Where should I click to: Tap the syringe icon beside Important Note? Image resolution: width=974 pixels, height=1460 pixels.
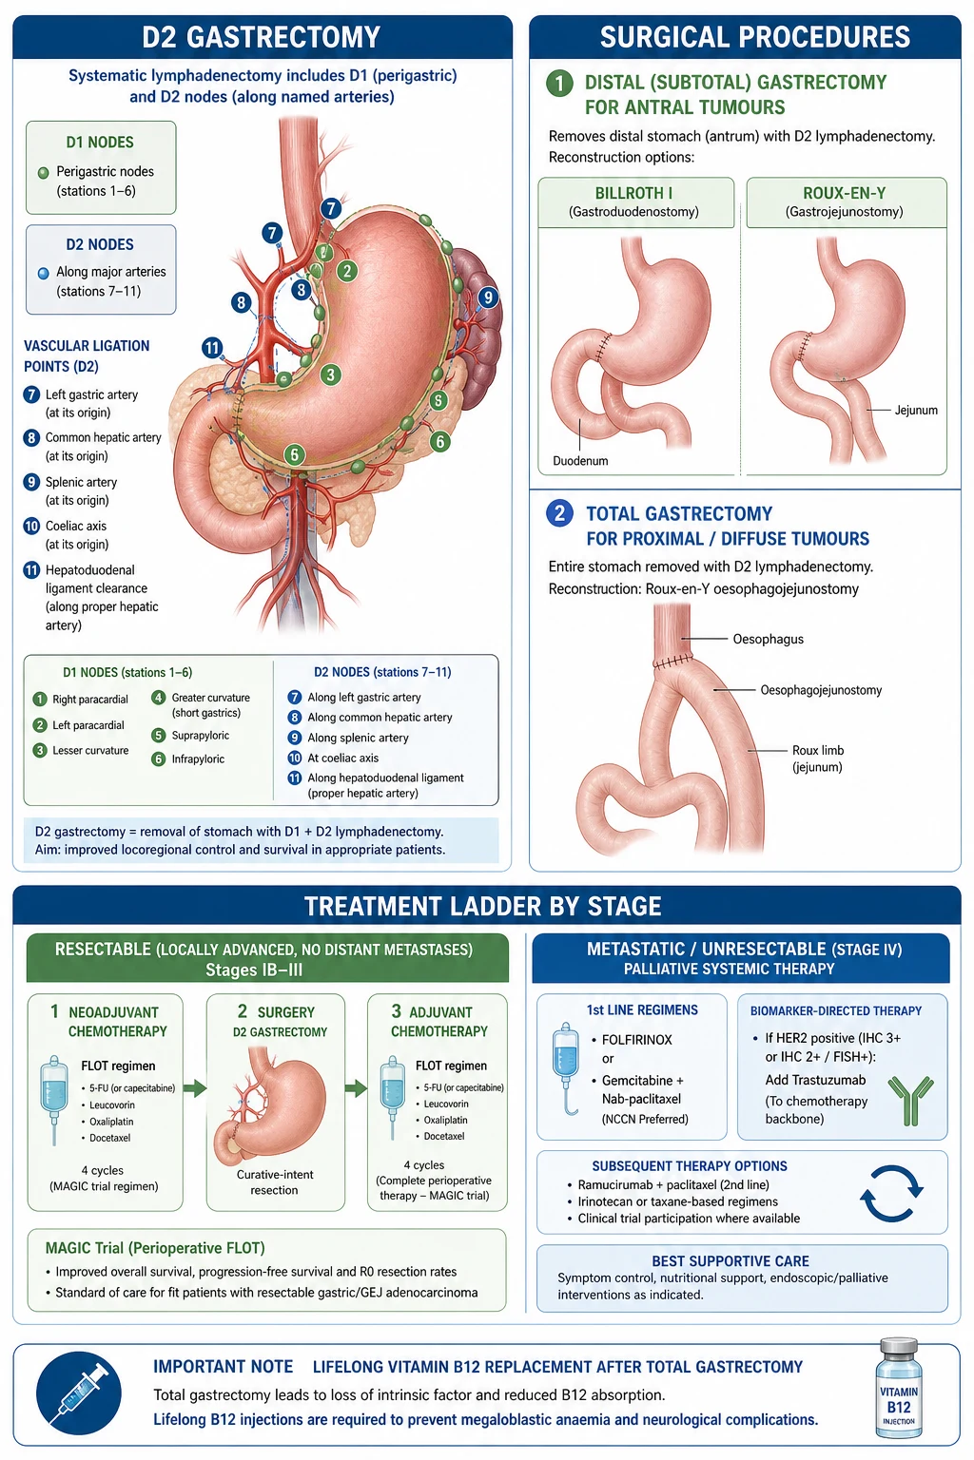point(79,1392)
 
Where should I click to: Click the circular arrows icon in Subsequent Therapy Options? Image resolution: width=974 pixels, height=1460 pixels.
point(891,1193)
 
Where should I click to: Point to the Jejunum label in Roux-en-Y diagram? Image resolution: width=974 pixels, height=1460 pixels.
point(916,410)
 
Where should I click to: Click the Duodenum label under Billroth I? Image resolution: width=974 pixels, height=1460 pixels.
point(580,461)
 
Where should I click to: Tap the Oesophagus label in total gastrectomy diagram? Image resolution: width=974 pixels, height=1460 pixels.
point(768,639)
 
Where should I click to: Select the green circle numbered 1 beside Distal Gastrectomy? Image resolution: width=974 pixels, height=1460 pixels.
point(559,84)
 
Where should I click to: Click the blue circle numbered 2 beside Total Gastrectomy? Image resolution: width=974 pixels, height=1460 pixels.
point(559,513)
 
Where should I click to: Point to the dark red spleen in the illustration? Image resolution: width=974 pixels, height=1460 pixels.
point(479,326)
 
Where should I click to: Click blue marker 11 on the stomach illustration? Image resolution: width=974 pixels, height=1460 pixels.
point(212,347)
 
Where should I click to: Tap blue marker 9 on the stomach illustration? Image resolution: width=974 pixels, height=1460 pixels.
point(488,298)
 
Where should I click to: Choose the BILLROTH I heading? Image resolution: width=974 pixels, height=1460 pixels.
point(633,194)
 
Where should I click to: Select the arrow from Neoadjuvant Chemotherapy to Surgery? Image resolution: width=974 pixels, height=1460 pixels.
point(195,1087)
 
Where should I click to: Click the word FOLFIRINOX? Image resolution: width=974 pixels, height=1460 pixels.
point(636,1040)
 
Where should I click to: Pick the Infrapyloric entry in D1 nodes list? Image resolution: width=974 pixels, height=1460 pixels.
point(198,759)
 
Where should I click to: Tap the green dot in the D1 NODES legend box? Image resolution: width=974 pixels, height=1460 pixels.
point(43,173)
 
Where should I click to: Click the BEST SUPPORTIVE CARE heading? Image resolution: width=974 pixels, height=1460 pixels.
point(730,1261)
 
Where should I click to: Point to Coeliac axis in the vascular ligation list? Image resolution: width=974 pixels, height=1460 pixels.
point(76,526)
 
